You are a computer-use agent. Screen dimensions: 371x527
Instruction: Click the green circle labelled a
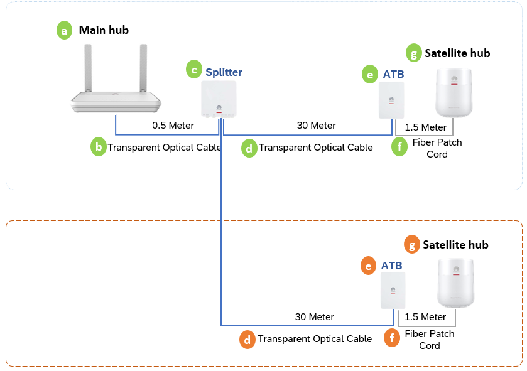pos(65,30)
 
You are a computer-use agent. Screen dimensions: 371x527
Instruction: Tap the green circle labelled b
pos(98,148)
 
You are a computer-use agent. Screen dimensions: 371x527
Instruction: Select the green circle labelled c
pos(194,69)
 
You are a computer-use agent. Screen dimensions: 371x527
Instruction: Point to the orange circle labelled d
pos(247,340)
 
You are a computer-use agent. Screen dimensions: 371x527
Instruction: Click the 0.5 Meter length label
pos(173,126)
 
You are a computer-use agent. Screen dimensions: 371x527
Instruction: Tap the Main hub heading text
pos(104,30)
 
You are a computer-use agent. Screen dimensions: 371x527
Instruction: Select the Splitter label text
pos(224,72)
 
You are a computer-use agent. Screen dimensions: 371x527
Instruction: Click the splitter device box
pos(219,99)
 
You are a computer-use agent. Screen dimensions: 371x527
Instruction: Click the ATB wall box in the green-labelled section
pos(391,100)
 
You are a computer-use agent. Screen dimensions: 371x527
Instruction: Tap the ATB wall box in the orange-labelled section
pos(393,290)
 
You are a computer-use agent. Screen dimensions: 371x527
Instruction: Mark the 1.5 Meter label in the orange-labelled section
pos(425,317)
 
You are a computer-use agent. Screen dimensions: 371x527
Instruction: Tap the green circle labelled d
pos(249,148)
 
